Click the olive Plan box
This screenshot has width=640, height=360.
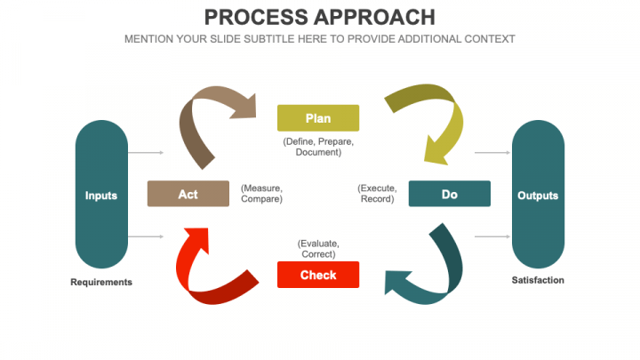318,118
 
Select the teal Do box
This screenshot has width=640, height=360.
450,194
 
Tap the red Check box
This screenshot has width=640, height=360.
318,275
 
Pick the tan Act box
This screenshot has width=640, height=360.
188,194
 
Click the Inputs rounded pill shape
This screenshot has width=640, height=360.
101,195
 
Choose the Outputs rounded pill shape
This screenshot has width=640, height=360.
538,195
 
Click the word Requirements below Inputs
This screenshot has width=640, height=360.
101,282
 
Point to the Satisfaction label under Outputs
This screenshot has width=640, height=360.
538,280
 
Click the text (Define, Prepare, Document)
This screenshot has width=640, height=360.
318,147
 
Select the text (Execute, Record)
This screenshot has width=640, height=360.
377,194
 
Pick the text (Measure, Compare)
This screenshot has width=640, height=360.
261,194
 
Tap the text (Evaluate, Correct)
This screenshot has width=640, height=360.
318,249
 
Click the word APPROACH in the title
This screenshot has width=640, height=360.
375,17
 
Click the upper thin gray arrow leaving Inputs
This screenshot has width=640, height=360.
146,153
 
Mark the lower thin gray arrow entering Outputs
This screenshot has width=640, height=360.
492,236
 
